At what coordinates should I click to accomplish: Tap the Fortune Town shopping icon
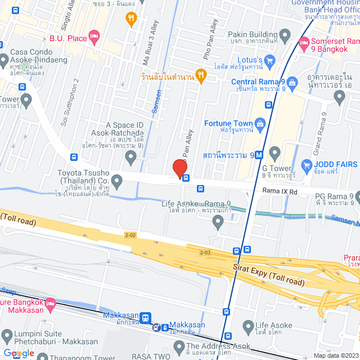tap(260, 123)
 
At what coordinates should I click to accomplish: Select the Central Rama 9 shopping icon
tap(291, 82)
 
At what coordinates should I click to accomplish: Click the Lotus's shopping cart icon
tap(269, 60)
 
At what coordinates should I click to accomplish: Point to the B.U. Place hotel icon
tap(95, 38)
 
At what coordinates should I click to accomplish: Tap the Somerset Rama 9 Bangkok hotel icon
tap(304, 42)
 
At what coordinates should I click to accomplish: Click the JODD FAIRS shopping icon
tap(307, 165)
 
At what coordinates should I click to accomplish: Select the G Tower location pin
tap(274, 152)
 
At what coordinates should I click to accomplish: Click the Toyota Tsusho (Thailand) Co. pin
tap(117, 181)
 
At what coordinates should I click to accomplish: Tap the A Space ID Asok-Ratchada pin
tap(131, 159)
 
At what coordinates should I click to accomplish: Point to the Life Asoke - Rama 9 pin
tap(219, 224)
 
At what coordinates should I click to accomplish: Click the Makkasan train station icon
tap(146, 318)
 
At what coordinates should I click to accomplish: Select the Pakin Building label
tap(253, 34)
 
